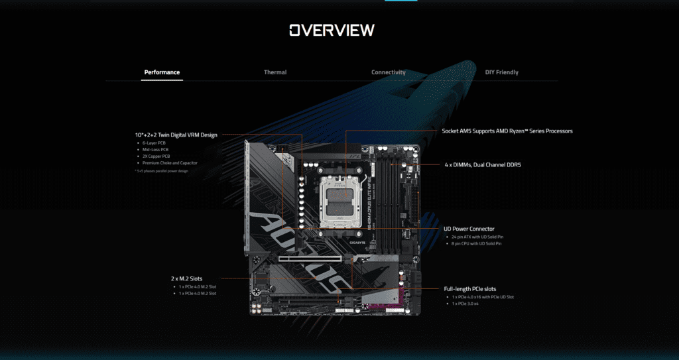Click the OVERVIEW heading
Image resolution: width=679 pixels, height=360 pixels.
point(332,30)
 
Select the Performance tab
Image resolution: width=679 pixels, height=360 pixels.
point(162,72)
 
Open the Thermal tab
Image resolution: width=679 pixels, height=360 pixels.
point(275,72)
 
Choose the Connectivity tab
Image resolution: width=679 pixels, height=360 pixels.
point(389,72)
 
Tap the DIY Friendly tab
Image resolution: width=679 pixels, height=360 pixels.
point(502,72)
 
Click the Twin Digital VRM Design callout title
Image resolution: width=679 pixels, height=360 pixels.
point(176,135)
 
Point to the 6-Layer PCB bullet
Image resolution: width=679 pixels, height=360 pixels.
point(154,143)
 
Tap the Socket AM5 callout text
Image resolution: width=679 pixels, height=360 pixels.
point(507,131)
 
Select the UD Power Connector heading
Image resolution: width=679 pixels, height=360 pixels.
point(469,229)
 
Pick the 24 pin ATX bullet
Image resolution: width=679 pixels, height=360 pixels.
point(476,237)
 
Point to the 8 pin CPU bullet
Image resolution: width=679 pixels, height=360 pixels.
point(475,244)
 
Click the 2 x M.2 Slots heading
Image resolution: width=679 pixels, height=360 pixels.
point(190,278)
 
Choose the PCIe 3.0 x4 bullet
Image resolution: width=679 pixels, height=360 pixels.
point(465,304)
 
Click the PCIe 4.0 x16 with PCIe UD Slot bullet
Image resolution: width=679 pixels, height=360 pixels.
point(483,297)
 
